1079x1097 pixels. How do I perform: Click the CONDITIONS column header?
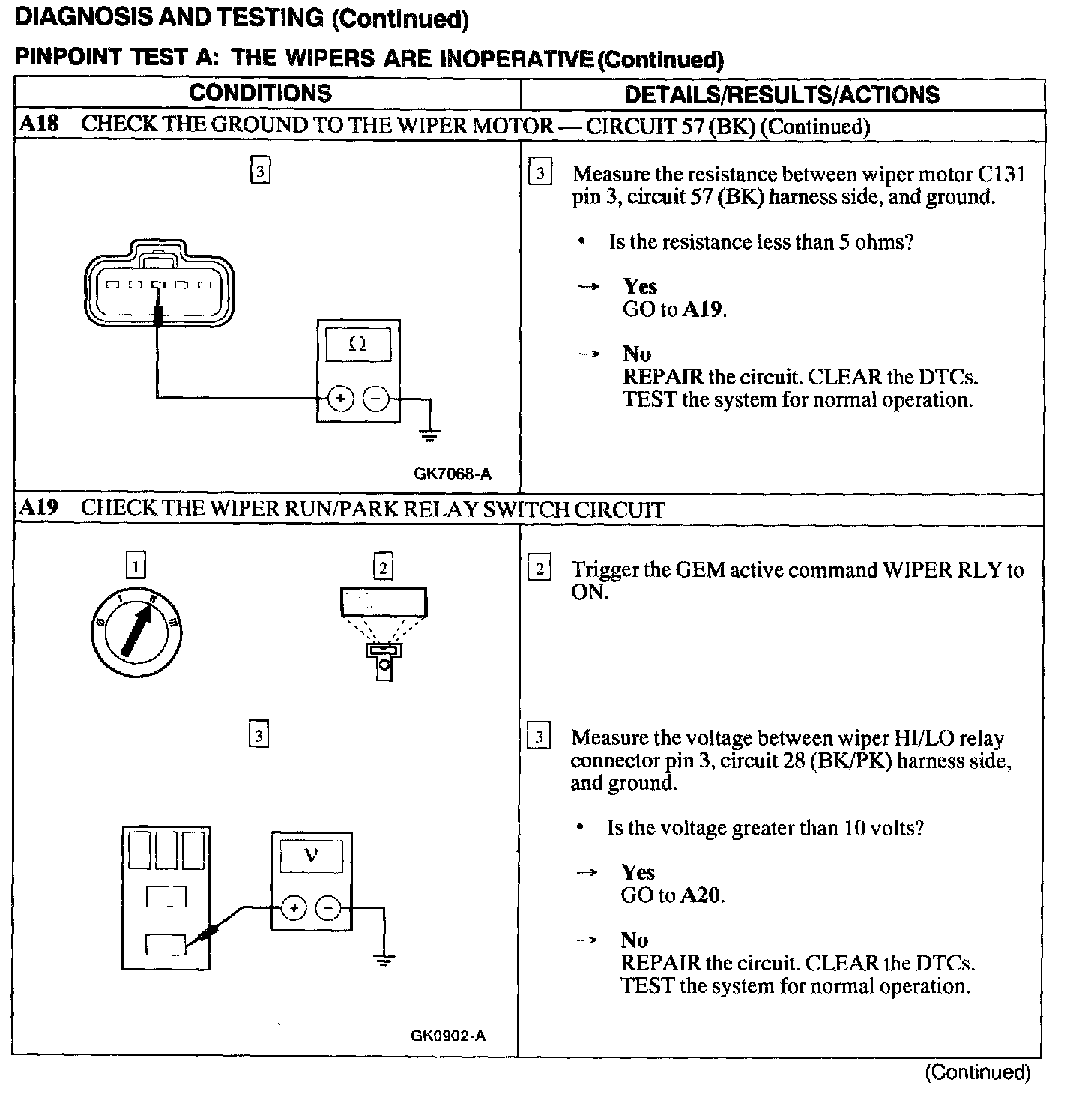click(260, 93)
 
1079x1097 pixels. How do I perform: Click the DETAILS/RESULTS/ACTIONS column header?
click(782, 94)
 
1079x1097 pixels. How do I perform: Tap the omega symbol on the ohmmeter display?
click(358, 345)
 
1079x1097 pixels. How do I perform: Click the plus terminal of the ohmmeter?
click(340, 398)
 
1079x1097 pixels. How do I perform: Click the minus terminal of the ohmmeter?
click(375, 398)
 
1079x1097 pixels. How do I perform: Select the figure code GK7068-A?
click(453, 473)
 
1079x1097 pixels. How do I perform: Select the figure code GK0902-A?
click(448, 1036)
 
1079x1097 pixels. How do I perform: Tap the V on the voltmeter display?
click(311, 856)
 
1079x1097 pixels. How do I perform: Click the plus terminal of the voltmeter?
click(294, 908)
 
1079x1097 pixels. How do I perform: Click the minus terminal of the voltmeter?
click(327, 908)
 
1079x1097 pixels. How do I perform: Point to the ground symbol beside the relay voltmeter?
click(383, 960)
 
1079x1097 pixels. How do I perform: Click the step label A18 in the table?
click(38, 124)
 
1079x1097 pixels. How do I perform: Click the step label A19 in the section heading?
click(38, 508)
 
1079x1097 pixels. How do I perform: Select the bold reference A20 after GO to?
click(701, 895)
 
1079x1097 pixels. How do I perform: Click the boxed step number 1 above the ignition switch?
click(136, 566)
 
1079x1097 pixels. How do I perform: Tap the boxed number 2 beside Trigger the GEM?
click(539, 569)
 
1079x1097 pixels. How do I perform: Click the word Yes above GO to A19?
click(640, 286)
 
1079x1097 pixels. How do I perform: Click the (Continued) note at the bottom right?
click(978, 1072)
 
